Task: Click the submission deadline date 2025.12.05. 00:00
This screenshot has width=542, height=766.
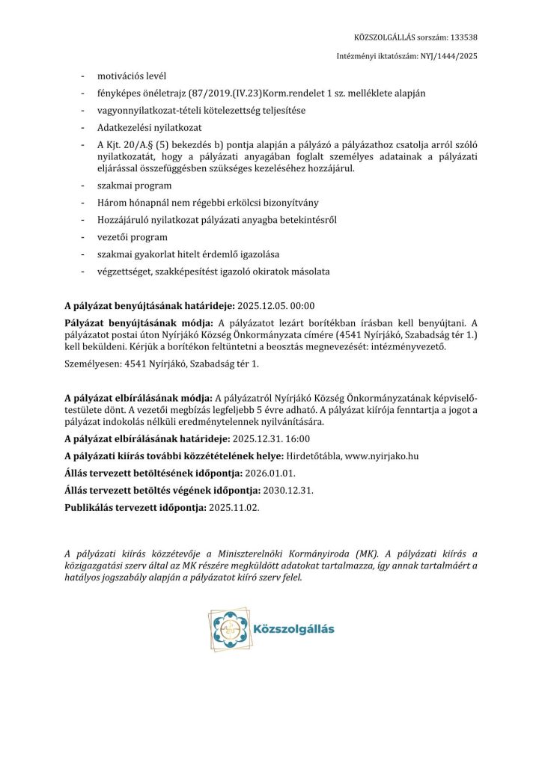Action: click(276, 305)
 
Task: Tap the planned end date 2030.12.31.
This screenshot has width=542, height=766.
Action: click(288, 491)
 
